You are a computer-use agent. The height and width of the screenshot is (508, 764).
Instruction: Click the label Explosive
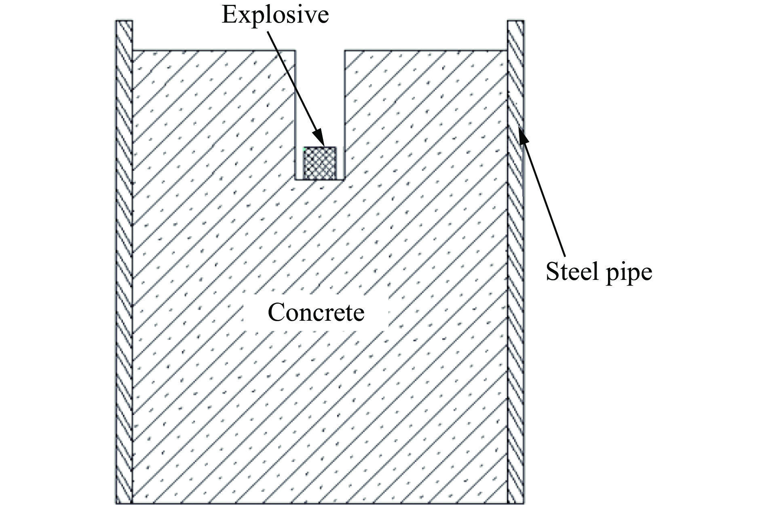[275, 15]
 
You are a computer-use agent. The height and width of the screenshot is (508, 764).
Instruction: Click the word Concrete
[316, 313]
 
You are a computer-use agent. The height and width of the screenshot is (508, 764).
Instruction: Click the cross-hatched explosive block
[320, 163]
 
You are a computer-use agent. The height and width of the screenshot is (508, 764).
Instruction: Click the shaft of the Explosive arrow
[295, 81]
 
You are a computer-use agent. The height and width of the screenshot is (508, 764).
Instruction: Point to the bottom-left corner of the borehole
[295, 179]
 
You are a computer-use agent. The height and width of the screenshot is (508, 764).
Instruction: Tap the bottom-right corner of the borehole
[344, 179]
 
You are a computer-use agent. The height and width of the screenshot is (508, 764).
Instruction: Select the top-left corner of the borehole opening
[295, 51]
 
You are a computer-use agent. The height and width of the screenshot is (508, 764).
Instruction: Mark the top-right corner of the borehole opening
[344, 51]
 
